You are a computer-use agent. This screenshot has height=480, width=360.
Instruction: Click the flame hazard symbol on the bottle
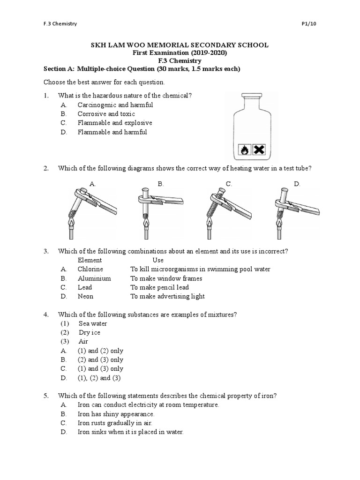tap(244, 150)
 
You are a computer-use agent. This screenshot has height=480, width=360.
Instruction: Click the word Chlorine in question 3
tap(90, 269)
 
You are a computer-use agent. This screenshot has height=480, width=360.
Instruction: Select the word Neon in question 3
tap(85, 296)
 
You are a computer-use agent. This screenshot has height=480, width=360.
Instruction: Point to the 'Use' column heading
tap(158, 260)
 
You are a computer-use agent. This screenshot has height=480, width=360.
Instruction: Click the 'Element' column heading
tap(90, 260)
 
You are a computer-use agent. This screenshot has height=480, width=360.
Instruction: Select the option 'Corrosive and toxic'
tap(106, 114)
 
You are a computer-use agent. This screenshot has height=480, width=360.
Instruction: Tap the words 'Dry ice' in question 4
tap(90, 332)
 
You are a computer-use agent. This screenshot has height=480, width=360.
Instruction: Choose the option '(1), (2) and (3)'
tap(99, 378)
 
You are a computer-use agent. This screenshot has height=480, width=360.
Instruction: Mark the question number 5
tap(46, 396)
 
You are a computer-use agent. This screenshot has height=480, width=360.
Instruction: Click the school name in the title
tap(180, 45)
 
